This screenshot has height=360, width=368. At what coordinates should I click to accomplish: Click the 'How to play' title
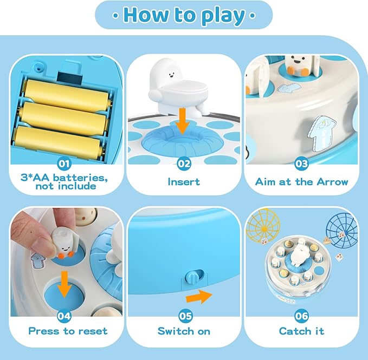click(x=184, y=15)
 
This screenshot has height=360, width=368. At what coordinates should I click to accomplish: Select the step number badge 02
click(x=184, y=162)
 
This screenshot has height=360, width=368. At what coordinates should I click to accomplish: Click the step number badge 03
click(x=301, y=162)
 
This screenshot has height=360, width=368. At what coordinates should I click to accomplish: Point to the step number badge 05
click(x=184, y=312)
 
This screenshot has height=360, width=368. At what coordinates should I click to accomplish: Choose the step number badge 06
click(x=301, y=312)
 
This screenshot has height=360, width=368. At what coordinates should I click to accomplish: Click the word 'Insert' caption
click(x=184, y=182)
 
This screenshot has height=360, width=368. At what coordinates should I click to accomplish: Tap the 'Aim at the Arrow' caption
click(x=301, y=182)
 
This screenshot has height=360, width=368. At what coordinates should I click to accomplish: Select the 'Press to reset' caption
click(x=68, y=331)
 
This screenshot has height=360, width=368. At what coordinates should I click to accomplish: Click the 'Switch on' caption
click(x=184, y=331)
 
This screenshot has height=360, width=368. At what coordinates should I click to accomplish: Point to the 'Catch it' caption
click(x=301, y=331)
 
